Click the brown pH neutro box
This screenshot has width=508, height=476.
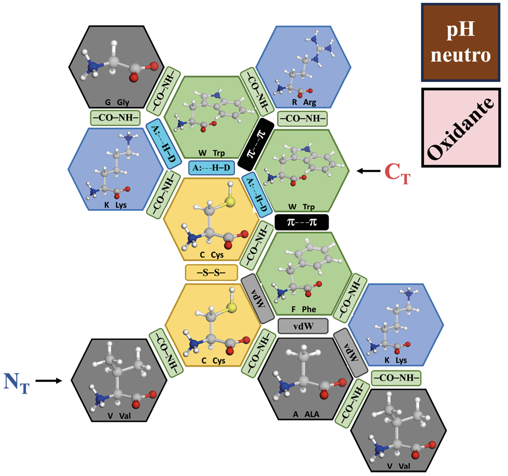tap(461, 42)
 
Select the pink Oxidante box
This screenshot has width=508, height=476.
tap(461, 128)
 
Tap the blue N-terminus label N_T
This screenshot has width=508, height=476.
tap(16, 382)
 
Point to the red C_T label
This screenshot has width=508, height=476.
tap(397, 173)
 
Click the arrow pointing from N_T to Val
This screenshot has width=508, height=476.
tap(49, 381)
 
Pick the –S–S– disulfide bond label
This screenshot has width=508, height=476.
tap(211, 272)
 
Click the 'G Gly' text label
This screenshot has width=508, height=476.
tap(117, 102)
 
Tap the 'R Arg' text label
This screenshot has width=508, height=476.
tap(304, 102)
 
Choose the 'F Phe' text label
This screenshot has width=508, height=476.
tap(304, 309)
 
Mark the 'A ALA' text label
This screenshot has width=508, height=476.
tap(306, 414)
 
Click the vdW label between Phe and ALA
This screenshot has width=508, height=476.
tap(303, 326)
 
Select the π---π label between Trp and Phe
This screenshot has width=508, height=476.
tap(302, 222)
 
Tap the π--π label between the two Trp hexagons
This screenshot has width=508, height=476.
tap(256, 144)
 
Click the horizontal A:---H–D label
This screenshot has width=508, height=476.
tap(211, 168)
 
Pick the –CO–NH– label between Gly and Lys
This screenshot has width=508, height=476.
tap(115, 118)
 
